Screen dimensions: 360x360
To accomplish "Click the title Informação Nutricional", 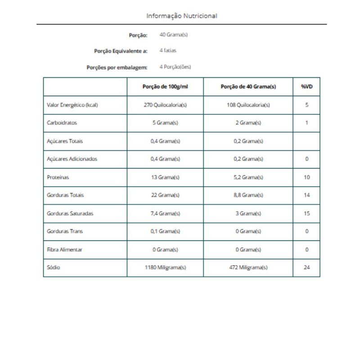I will tap(181, 16).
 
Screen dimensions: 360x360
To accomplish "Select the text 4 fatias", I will tap(168, 50).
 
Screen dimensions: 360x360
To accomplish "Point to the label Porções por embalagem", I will tap(117, 67).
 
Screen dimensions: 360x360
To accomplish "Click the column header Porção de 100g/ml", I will tap(165, 87).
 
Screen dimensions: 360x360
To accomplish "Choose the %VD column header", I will tap(306, 87).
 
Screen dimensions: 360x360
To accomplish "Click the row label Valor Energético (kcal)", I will tap(72, 105).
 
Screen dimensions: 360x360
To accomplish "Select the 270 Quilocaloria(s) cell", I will tap(165, 105).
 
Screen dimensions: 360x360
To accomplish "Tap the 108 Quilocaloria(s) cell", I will tap(248, 105).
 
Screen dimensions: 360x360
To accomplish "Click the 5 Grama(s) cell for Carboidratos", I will tap(165, 123).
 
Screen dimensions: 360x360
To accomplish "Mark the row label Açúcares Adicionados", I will tap(72, 159).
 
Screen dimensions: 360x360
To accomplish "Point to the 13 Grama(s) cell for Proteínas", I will tap(165, 177).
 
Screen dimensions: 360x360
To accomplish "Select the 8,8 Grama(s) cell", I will tap(248, 195).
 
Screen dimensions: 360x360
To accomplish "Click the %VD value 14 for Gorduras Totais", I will tap(306, 195).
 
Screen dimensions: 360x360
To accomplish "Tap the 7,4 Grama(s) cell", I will tap(165, 213).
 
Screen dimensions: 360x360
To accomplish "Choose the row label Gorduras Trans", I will tap(64, 231).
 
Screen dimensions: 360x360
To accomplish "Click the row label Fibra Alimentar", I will tap(64, 249).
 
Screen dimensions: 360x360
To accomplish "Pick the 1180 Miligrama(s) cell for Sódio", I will tap(165, 267).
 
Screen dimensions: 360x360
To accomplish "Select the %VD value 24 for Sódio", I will tap(306, 267).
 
